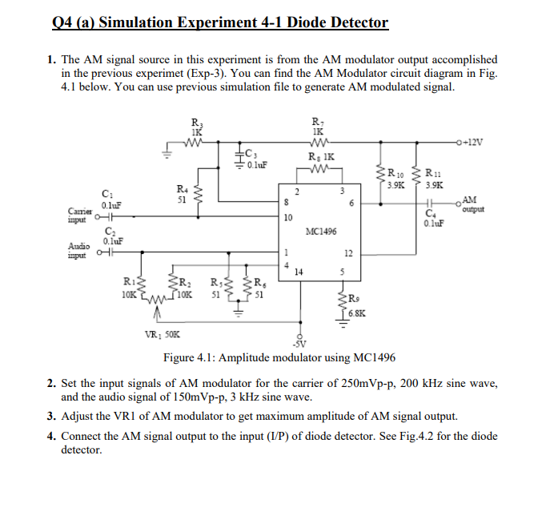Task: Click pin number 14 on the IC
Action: [299, 272]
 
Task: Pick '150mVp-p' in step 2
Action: [179, 397]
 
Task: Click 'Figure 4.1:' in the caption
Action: [193, 357]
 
